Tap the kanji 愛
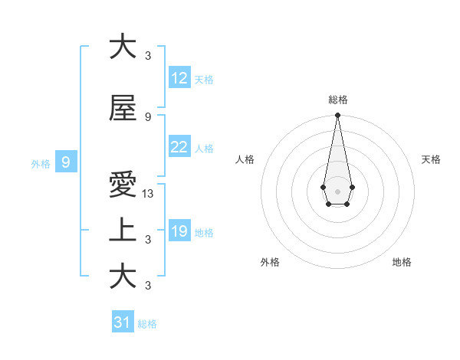coord(123,185)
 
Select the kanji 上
coord(123,231)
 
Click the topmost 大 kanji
coord(123,47)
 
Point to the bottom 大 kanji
coord(123,277)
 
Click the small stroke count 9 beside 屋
coord(148,117)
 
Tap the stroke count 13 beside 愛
coord(149,194)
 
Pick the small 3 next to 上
coord(148,240)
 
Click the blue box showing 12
coord(179,77)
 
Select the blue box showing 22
coord(179,147)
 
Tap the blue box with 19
coord(179,231)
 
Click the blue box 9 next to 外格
coord(66,162)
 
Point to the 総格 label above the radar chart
coord(337,100)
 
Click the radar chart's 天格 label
coord(431,159)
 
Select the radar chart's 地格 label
coord(402,263)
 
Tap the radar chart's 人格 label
coord(245,159)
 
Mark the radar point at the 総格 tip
coord(337,115)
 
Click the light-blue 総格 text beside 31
coord(147,324)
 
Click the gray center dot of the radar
coord(337,190)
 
